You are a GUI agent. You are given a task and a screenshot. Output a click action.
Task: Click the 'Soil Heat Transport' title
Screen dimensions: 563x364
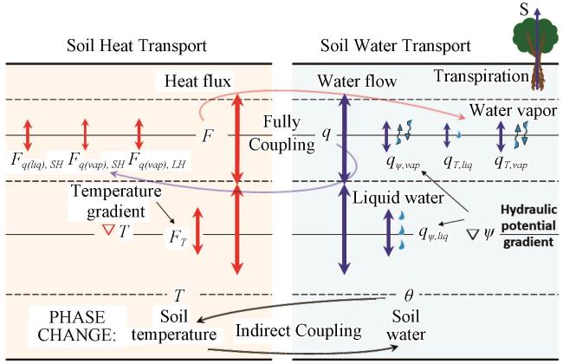pyautogui.click(x=137, y=46)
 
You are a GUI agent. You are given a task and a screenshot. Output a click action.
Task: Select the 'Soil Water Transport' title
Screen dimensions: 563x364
pyautogui.click(x=395, y=46)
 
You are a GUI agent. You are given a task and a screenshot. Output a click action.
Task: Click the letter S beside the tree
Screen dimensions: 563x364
pyautogui.click(x=525, y=10)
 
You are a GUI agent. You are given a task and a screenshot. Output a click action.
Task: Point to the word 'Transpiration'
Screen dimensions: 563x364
pyautogui.click(x=482, y=76)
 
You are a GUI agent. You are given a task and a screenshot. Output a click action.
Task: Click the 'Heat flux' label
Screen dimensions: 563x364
pyautogui.click(x=197, y=81)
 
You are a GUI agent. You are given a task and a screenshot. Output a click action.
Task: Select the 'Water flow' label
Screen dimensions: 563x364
pyautogui.click(x=357, y=81)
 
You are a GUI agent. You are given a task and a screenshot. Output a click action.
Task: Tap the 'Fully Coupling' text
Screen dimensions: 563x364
pyautogui.click(x=281, y=133)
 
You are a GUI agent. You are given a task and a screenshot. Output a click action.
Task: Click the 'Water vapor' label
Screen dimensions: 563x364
pyautogui.click(x=514, y=110)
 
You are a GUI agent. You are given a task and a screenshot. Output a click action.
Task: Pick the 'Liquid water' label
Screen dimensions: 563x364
pyautogui.click(x=398, y=198)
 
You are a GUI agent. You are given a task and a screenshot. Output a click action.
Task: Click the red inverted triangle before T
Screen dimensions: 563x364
pyautogui.click(x=108, y=230)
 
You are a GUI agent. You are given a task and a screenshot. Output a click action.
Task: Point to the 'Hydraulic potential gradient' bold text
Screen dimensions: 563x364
pyautogui.click(x=529, y=225)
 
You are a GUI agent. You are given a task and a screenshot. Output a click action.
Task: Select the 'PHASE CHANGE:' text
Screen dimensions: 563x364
pyautogui.click(x=77, y=326)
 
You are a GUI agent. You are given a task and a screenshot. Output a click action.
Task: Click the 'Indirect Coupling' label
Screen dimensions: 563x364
pyautogui.click(x=298, y=330)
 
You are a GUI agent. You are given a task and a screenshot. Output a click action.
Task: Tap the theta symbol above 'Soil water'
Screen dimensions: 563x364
pyautogui.click(x=409, y=296)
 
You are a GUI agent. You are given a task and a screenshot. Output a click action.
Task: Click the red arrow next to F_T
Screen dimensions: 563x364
pyautogui.click(x=197, y=231)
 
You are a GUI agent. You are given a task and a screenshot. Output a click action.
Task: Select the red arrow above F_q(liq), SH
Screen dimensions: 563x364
pyautogui.click(x=28, y=135)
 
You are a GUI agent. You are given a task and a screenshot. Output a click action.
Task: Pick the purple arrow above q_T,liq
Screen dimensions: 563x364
pyautogui.click(x=447, y=135)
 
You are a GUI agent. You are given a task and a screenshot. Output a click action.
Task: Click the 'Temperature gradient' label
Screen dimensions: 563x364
pyautogui.click(x=116, y=201)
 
